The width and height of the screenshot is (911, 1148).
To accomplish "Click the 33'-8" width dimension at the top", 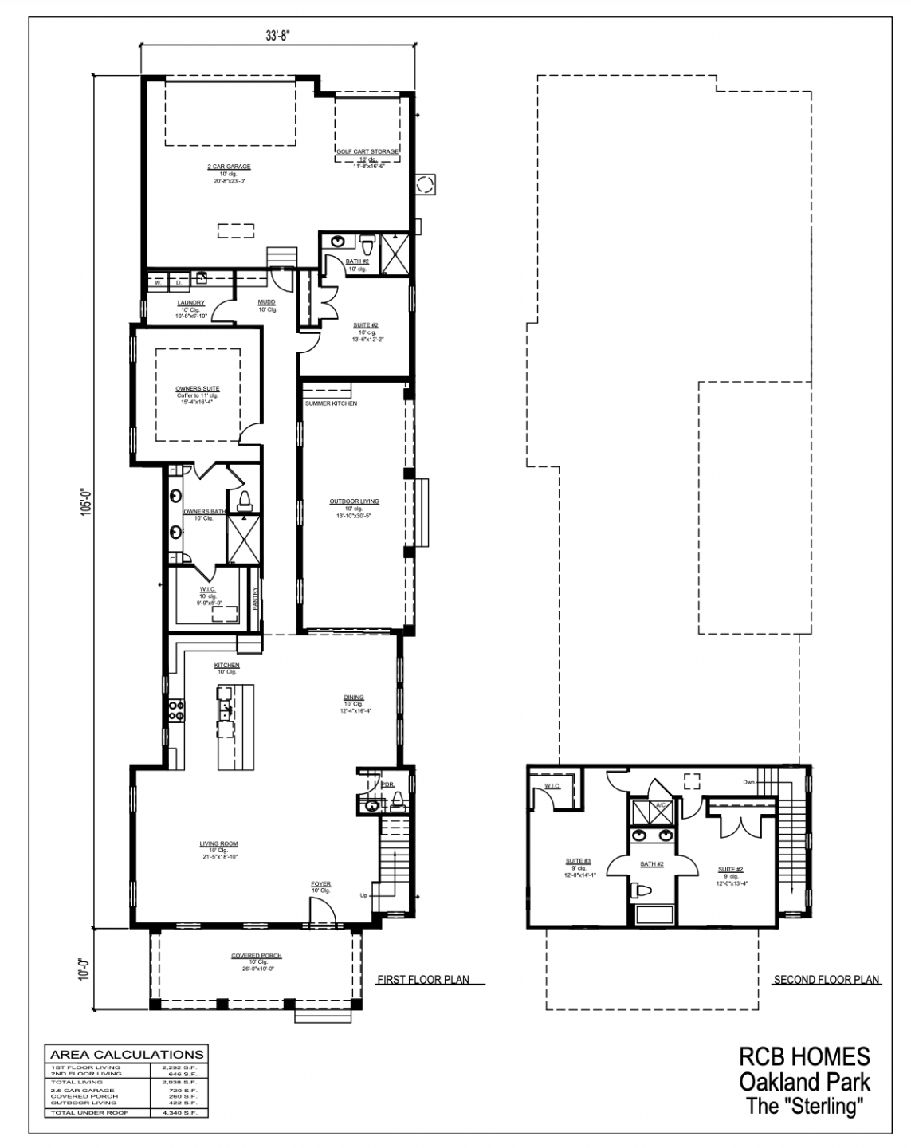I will tap(277, 36).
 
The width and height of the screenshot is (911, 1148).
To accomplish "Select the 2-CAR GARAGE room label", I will tap(229, 167).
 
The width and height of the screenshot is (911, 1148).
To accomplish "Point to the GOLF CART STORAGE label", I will tap(367, 151).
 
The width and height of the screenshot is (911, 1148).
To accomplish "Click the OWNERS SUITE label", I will tap(198, 388).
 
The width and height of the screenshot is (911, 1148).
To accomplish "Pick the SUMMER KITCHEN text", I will tap(331, 403).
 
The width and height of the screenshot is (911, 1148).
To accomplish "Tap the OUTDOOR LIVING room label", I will tap(355, 501).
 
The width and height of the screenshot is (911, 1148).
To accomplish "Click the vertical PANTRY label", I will tap(255, 599).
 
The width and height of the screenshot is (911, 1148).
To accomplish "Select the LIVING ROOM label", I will tap(218, 843).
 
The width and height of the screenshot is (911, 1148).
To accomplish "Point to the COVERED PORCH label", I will tap(256, 956).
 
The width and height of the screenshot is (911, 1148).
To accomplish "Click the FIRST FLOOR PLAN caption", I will tap(422, 980).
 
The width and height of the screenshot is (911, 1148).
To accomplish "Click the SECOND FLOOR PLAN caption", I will tap(827, 980).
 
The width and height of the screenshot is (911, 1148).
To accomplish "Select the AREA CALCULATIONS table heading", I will tap(128, 1054).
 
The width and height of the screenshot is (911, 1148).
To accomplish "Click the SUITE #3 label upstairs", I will tap(579, 861).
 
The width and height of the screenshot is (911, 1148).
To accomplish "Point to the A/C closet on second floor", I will tap(661, 805).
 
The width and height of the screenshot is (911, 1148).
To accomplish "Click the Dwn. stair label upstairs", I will tap(749, 782).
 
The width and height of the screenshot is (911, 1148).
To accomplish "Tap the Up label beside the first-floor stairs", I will tap(363, 895).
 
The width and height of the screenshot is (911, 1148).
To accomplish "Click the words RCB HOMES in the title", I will tap(804, 1056).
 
